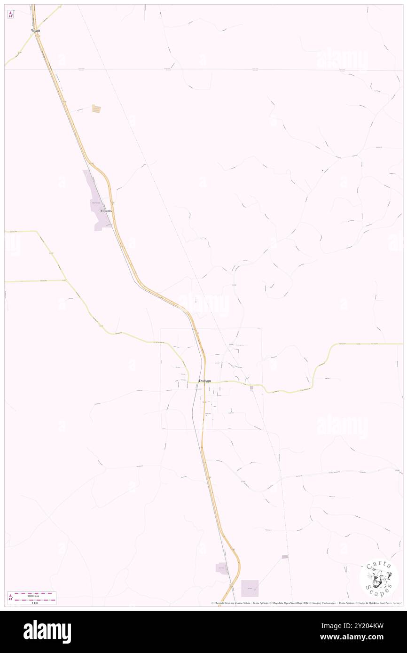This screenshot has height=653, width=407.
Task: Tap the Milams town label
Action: tap(106, 211)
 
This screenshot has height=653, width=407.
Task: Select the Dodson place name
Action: tap(205, 381)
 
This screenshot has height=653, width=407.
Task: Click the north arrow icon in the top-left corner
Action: tap(10, 15)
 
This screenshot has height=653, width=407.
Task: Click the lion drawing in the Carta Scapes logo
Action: tap(378, 579)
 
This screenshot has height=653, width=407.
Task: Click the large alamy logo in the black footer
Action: tap(47, 632)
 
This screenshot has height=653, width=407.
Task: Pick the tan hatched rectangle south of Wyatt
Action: tap(96, 109)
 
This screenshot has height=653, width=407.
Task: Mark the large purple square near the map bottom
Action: tap(250, 588)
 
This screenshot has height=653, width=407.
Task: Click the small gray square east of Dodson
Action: tap(252, 388)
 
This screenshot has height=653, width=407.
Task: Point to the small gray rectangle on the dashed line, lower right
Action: tap(285, 557)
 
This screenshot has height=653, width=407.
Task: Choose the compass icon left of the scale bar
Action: tap(10, 598)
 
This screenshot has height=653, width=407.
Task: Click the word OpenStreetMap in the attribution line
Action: tap(296, 603)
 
